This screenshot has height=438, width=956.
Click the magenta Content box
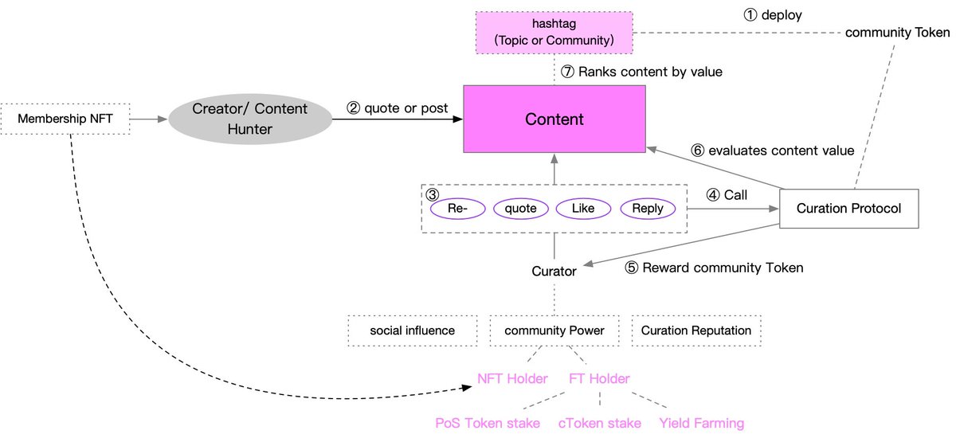tap(554, 119)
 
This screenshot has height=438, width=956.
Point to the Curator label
tap(554, 271)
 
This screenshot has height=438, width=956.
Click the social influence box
tap(412, 330)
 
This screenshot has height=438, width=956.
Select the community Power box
tap(554, 330)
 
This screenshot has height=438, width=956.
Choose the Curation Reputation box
tap(695, 330)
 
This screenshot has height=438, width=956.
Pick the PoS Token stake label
tap(488, 423)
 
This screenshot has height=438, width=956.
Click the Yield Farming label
tap(701, 423)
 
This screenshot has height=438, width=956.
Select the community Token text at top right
tap(897, 33)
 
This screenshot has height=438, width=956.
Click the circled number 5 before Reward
tap(632, 268)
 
